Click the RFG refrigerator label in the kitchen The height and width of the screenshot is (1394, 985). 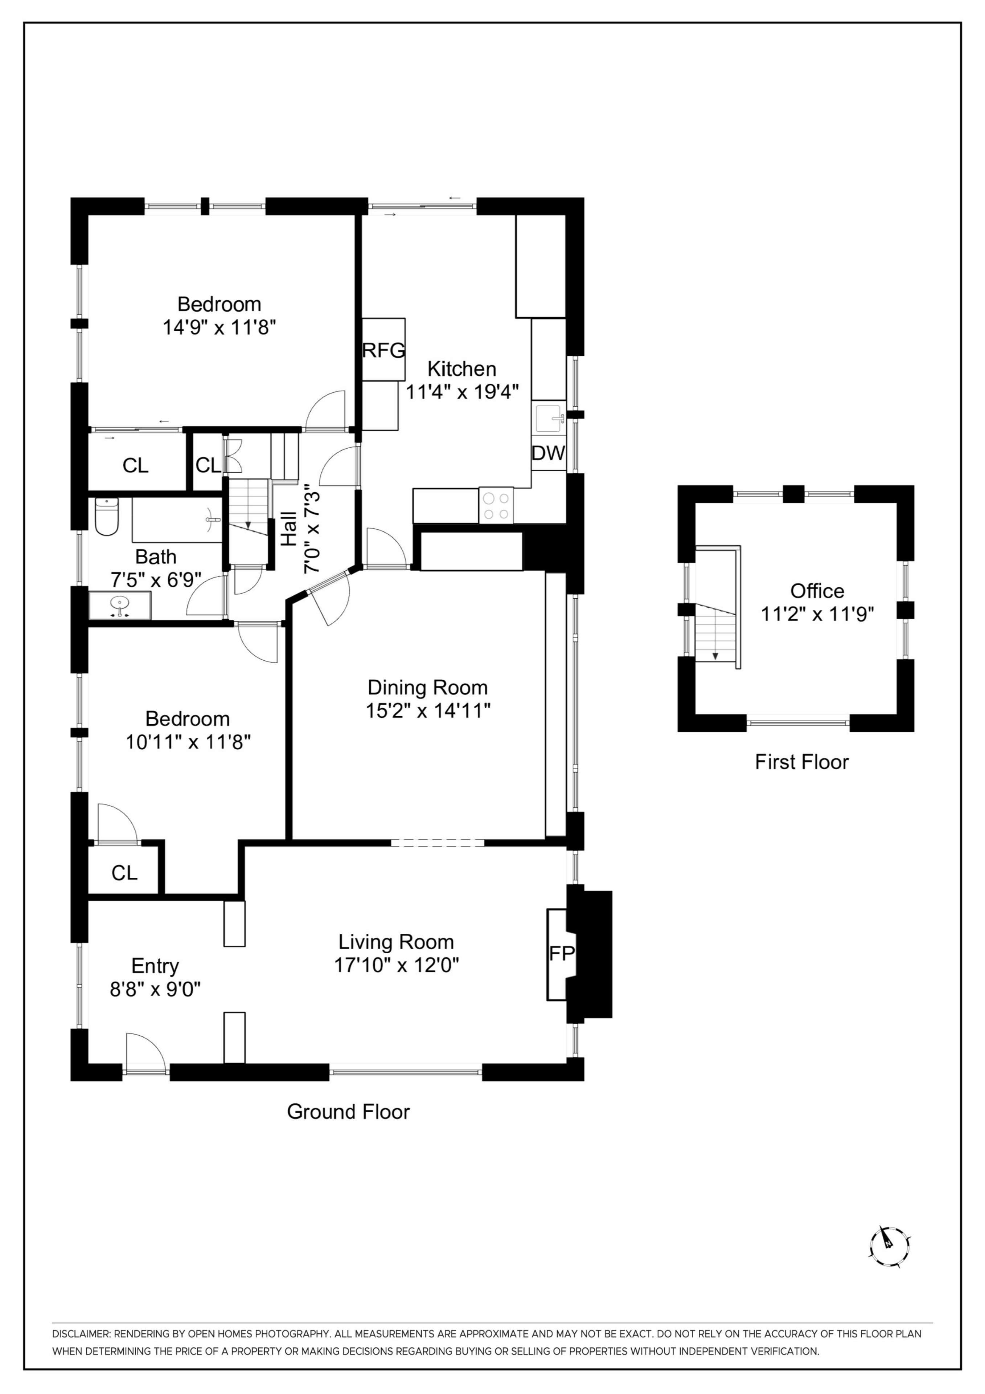[x=383, y=350]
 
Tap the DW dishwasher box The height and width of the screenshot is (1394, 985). [x=549, y=453]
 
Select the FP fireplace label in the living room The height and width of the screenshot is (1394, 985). [x=561, y=953]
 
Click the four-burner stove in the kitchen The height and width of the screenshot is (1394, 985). [x=496, y=505]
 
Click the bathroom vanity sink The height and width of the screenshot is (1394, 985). [x=120, y=605]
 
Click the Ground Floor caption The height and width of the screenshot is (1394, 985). [x=348, y=1111]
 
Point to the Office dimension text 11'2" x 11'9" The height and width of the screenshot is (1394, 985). [x=817, y=614]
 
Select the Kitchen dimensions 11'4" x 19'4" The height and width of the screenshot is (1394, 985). [x=462, y=392]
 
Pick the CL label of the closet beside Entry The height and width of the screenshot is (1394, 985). [x=124, y=873]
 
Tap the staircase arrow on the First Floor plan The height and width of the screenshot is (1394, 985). [x=715, y=655]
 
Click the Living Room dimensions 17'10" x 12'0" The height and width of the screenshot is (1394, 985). [x=396, y=965]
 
